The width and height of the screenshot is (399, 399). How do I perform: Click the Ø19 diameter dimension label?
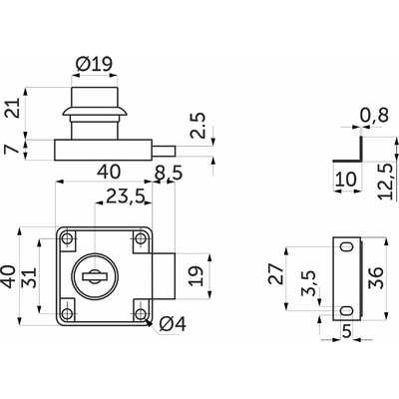(x=95, y=65)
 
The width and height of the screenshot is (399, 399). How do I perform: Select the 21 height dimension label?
(x=14, y=108)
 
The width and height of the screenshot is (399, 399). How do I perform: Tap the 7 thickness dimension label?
(x=13, y=150)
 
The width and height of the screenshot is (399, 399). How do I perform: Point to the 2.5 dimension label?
(x=198, y=126)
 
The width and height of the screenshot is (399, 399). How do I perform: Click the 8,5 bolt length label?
(x=169, y=174)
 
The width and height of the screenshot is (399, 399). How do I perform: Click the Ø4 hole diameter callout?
(x=173, y=323)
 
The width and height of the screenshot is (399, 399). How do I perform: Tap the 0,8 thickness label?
(x=374, y=116)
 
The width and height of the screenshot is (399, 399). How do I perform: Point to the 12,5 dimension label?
(x=387, y=181)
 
